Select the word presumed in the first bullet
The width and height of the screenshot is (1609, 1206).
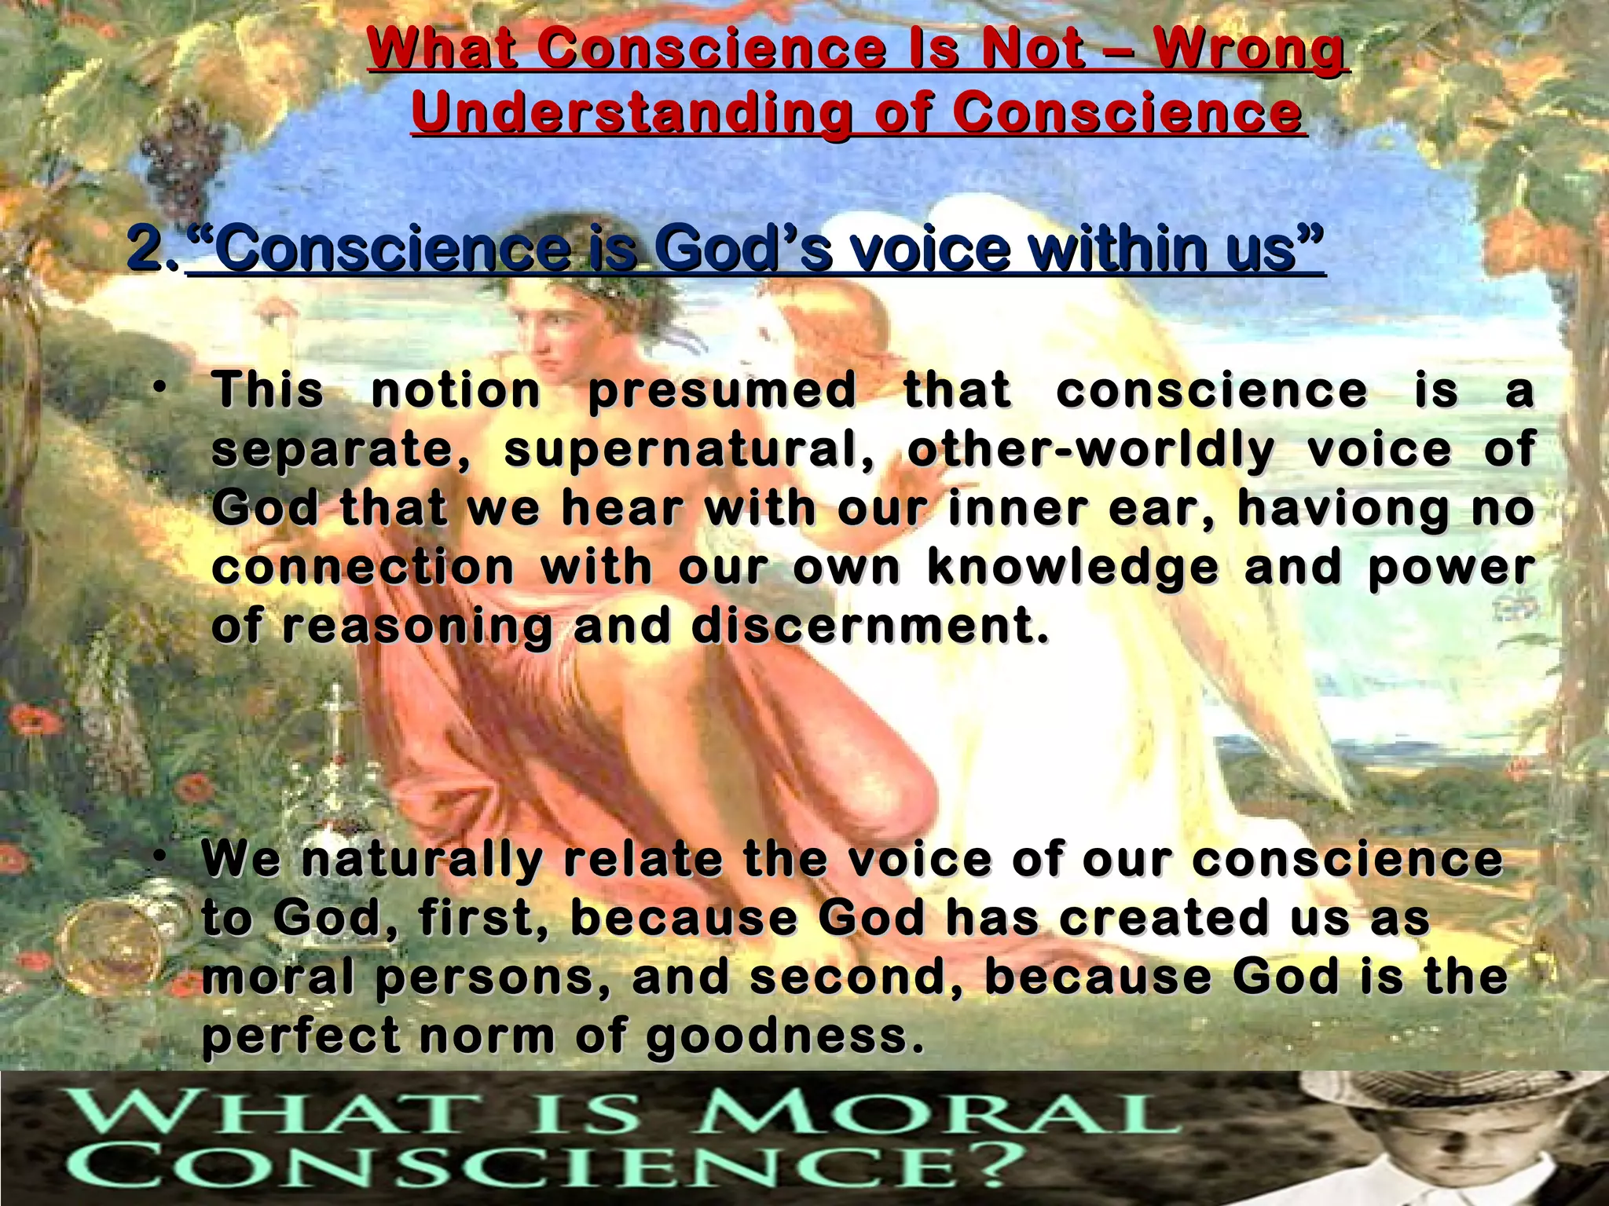click(x=722, y=391)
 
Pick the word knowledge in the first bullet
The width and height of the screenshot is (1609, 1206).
click(x=1073, y=568)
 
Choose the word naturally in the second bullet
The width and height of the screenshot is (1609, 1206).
click(x=422, y=859)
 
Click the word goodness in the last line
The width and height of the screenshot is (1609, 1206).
click(x=784, y=1037)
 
